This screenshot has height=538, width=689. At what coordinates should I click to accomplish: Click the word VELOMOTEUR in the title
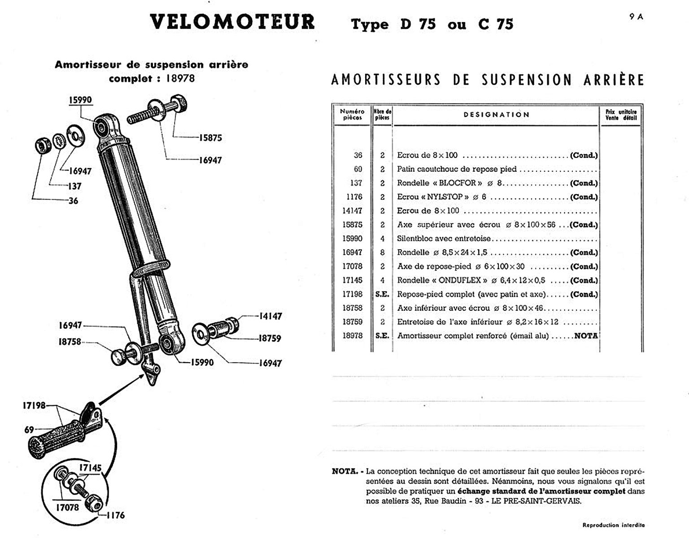(x=232, y=22)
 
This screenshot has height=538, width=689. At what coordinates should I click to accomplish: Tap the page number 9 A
(x=636, y=17)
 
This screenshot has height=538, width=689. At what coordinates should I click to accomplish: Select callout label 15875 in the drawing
(x=210, y=138)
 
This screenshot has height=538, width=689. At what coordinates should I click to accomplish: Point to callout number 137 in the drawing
(x=74, y=186)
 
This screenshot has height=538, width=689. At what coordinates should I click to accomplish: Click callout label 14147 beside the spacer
(x=270, y=316)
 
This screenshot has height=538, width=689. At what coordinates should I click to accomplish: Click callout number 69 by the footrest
(x=29, y=430)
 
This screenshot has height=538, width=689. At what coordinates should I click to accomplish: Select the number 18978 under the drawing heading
(x=180, y=78)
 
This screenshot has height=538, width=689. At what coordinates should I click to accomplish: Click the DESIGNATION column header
(x=496, y=115)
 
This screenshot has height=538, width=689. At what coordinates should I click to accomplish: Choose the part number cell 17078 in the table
(x=352, y=266)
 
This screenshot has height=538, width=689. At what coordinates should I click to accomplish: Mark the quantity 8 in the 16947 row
(x=382, y=252)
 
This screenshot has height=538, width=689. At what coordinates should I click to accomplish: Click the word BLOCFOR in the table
(x=457, y=183)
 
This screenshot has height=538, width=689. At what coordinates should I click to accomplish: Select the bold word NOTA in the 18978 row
(x=586, y=336)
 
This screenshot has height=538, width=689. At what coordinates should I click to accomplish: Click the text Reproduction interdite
(x=613, y=525)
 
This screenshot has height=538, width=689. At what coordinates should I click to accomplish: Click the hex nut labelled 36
(x=43, y=146)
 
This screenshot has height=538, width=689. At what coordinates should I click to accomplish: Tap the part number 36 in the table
(x=358, y=155)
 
